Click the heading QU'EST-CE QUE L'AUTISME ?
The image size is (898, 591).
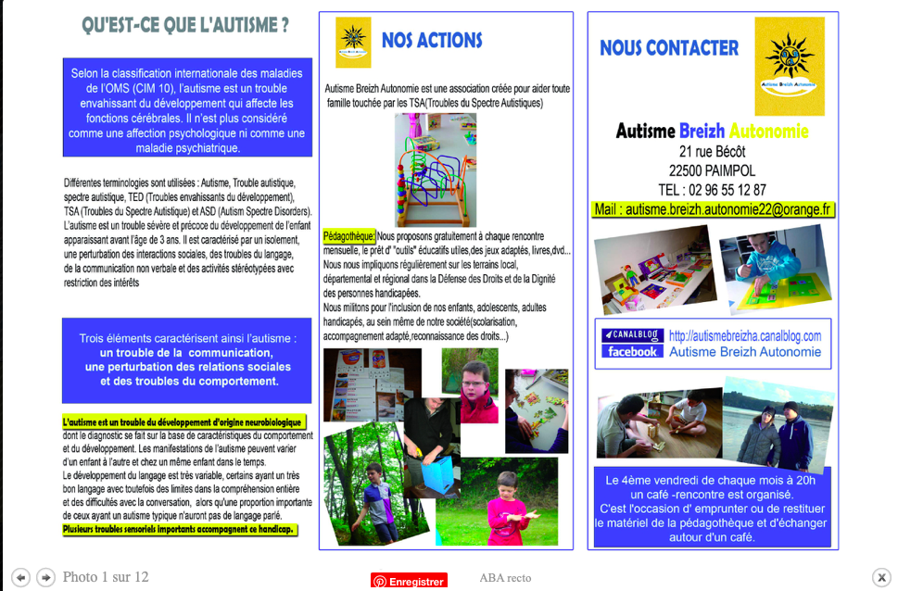[x=184, y=26]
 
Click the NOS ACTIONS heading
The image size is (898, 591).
[x=432, y=41]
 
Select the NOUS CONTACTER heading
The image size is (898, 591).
[x=669, y=48]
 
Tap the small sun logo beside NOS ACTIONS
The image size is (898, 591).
[x=353, y=42]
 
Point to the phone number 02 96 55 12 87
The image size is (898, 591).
[x=712, y=190]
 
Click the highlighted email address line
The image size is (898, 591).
[x=713, y=210]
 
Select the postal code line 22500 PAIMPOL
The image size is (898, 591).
[x=712, y=170]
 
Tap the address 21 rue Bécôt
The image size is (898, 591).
[x=712, y=151]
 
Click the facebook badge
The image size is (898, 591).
[x=632, y=352]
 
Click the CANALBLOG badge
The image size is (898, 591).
[x=632, y=335]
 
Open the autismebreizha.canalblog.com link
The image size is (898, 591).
[x=745, y=335]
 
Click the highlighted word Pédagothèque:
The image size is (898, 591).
[x=349, y=236]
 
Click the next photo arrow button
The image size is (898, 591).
[x=45, y=577]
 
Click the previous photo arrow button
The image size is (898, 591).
[x=20, y=577]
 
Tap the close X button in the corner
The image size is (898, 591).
[x=881, y=577]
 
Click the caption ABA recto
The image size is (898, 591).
[x=505, y=578]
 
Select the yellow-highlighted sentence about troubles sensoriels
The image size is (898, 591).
[x=180, y=530]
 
